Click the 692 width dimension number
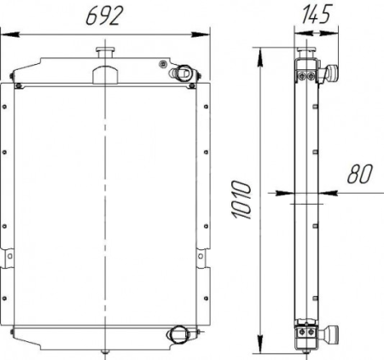[x=104, y=15]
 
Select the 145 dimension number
[x=316, y=14]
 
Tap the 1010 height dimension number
[x=241, y=200]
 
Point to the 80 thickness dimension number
[x=359, y=174]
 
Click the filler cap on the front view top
[x=105, y=53]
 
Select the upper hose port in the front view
[x=183, y=73]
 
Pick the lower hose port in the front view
[x=177, y=333]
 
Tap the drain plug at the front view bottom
[x=105, y=352]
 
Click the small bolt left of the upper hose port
[x=162, y=64]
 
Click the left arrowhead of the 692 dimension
[x=10, y=35]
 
